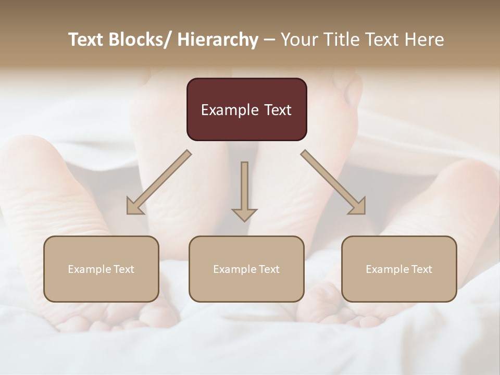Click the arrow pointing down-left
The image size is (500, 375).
(x=159, y=182)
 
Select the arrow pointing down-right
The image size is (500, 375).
(x=333, y=182)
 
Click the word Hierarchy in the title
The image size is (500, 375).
(x=218, y=40)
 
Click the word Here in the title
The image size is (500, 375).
(x=424, y=40)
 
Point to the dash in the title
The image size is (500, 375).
(x=269, y=40)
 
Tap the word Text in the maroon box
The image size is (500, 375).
(x=277, y=110)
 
